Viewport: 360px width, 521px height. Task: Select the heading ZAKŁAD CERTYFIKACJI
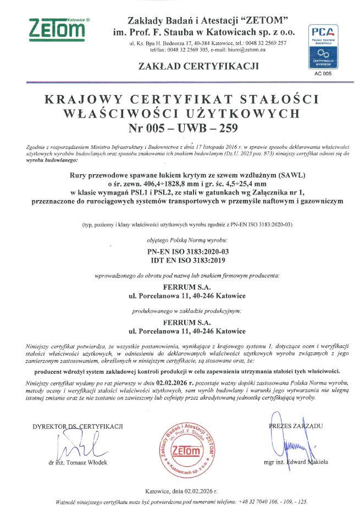(200, 66)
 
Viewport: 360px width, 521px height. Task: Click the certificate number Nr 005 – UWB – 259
(181, 129)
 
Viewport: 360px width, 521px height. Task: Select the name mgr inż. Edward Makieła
(297, 462)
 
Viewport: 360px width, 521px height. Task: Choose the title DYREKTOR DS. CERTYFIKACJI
(77, 426)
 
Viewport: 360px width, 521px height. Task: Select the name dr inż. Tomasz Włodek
(78, 462)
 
